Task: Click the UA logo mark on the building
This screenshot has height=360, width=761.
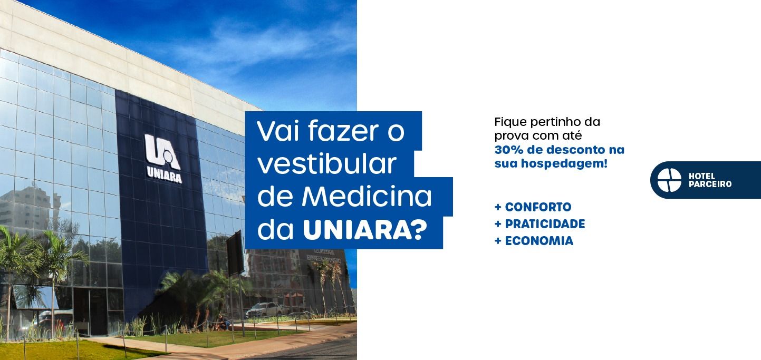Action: click(162, 152)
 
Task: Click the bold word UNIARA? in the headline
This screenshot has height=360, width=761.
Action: click(364, 230)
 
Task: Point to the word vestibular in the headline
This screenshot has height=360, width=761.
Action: click(327, 164)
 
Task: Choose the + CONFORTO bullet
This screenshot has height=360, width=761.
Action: click(533, 207)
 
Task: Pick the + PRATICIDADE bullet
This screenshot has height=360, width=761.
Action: click(540, 224)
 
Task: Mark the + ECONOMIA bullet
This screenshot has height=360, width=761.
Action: click(534, 241)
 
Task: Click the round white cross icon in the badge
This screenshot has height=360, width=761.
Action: click(669, 180)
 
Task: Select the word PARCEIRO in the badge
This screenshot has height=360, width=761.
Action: click(710, 184)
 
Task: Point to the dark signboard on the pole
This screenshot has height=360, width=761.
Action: click(235, 253)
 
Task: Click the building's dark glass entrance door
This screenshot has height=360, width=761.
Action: click(90, 311)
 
